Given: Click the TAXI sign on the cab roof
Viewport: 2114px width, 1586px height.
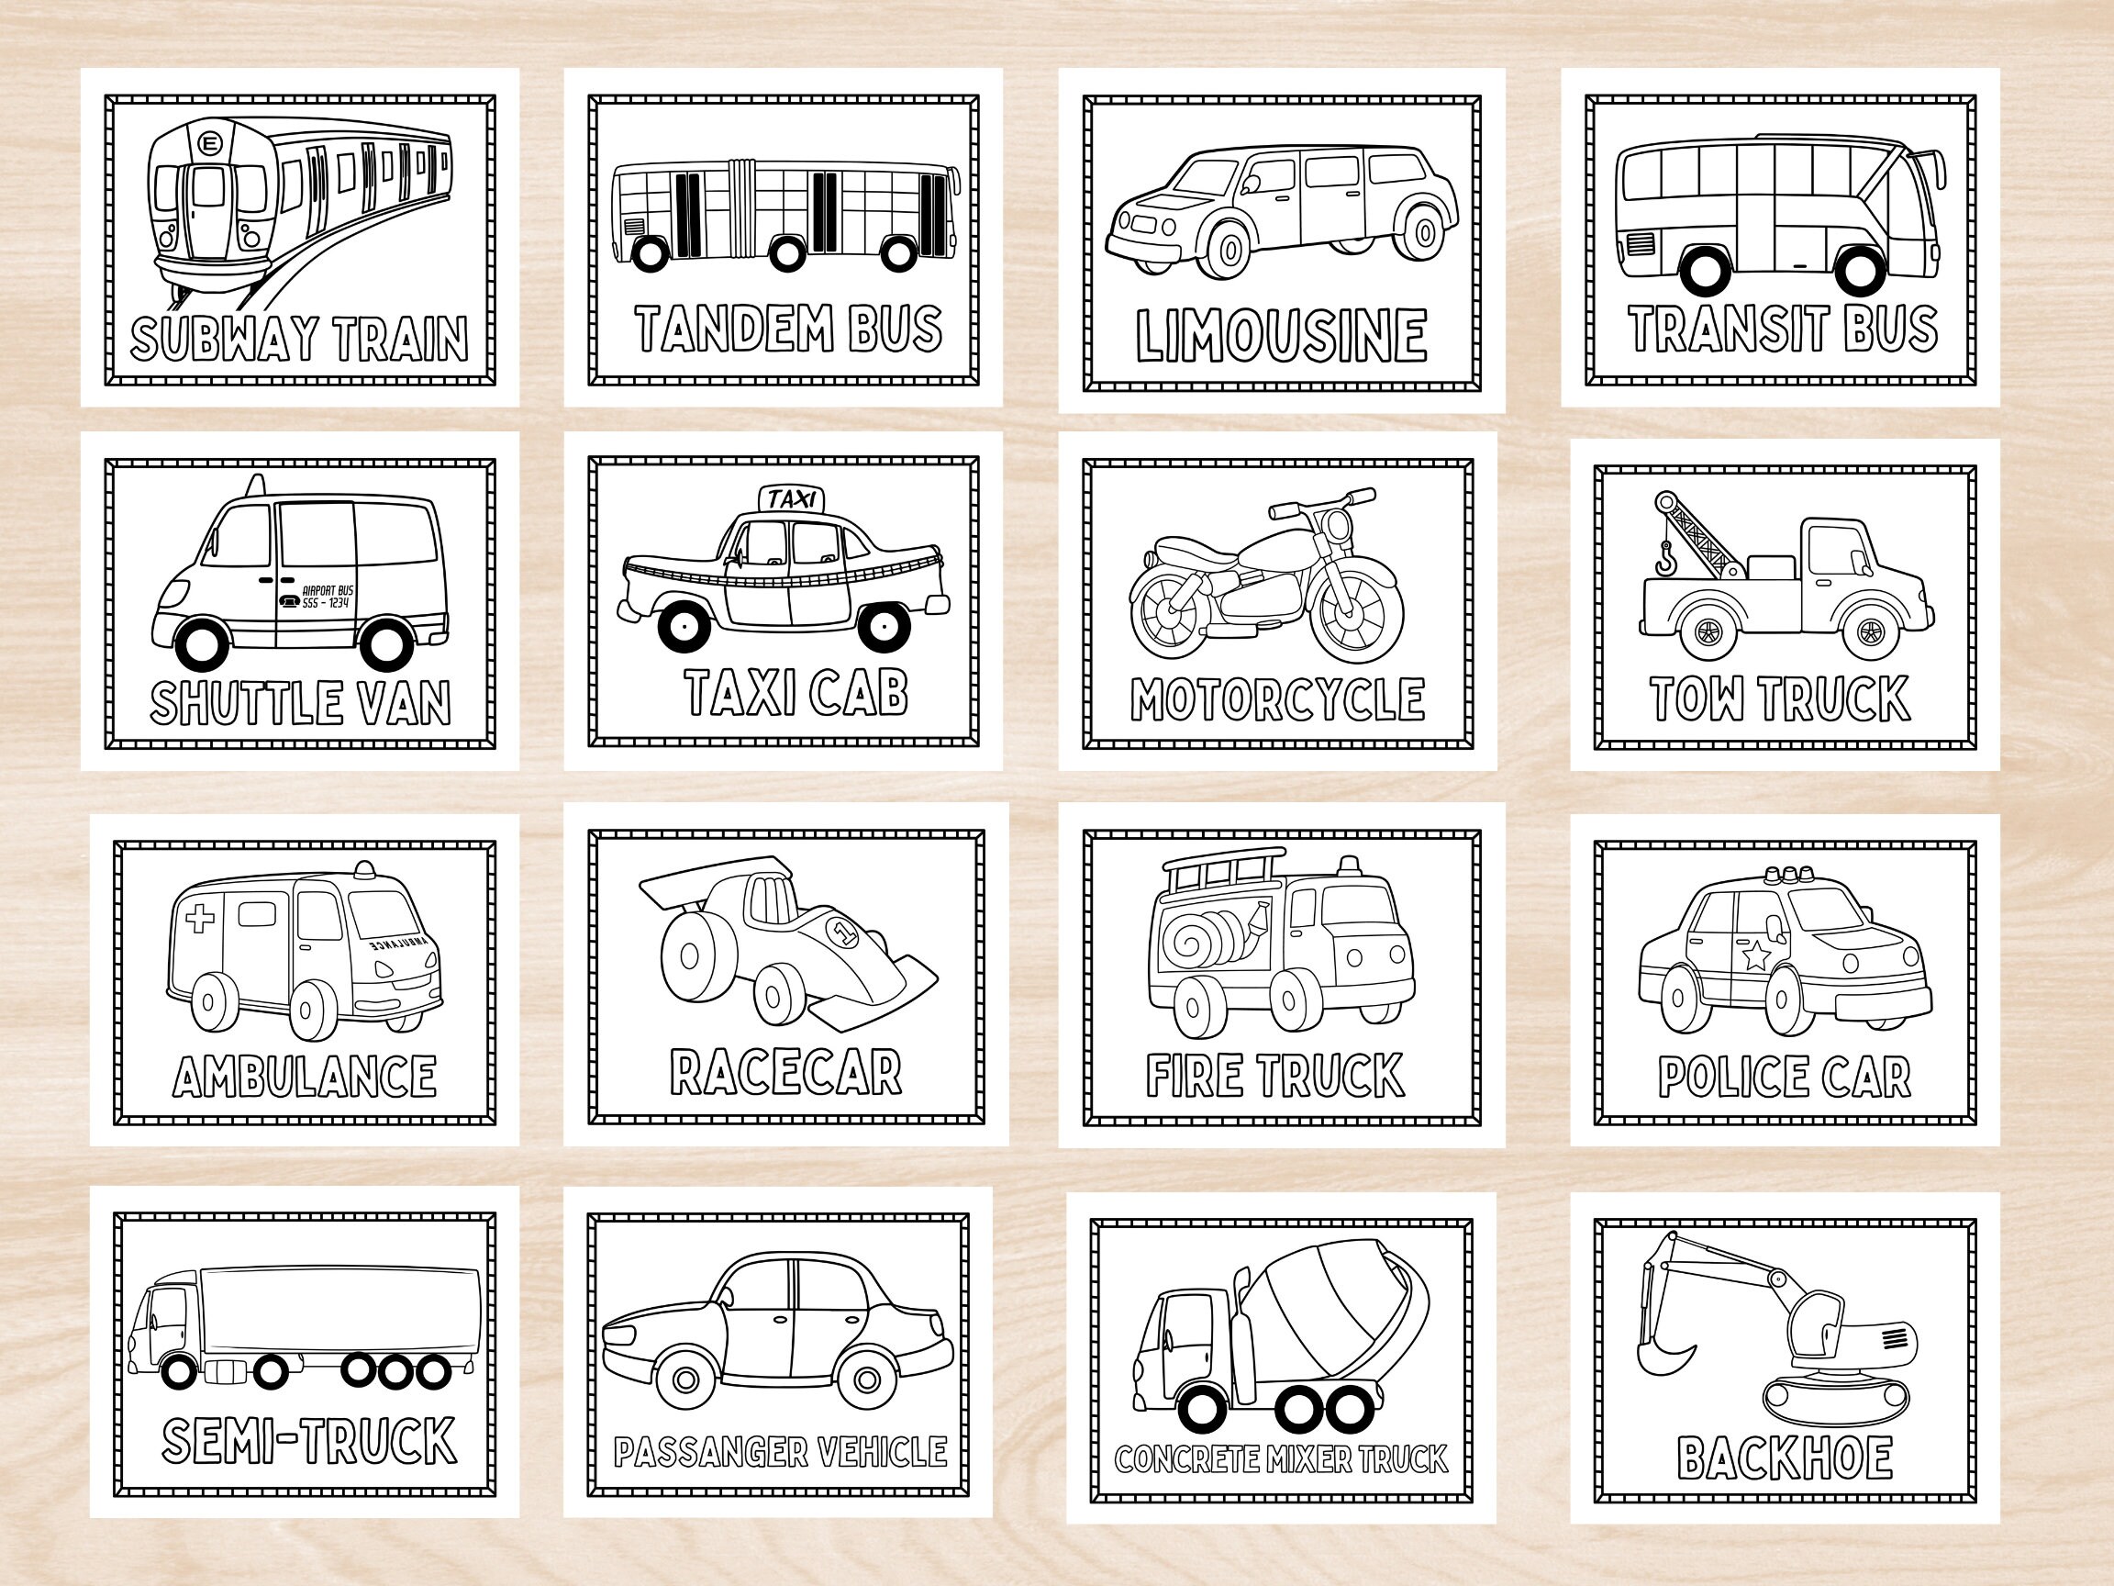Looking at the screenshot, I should pos(791,498).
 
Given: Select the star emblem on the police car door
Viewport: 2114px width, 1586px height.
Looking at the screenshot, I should pos(1755,955).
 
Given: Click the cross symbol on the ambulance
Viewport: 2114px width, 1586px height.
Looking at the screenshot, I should pos(200,919).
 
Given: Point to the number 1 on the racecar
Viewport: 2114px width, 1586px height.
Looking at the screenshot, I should pos(842,929).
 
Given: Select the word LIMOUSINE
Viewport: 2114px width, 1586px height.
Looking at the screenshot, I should pos(1281,336).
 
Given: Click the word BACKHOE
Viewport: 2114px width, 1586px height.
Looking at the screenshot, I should pos(1785,1458).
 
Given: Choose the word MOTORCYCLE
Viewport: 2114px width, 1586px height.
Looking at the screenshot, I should pos(1278,699).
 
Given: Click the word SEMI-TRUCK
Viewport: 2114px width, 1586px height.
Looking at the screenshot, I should pos(308,1440).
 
